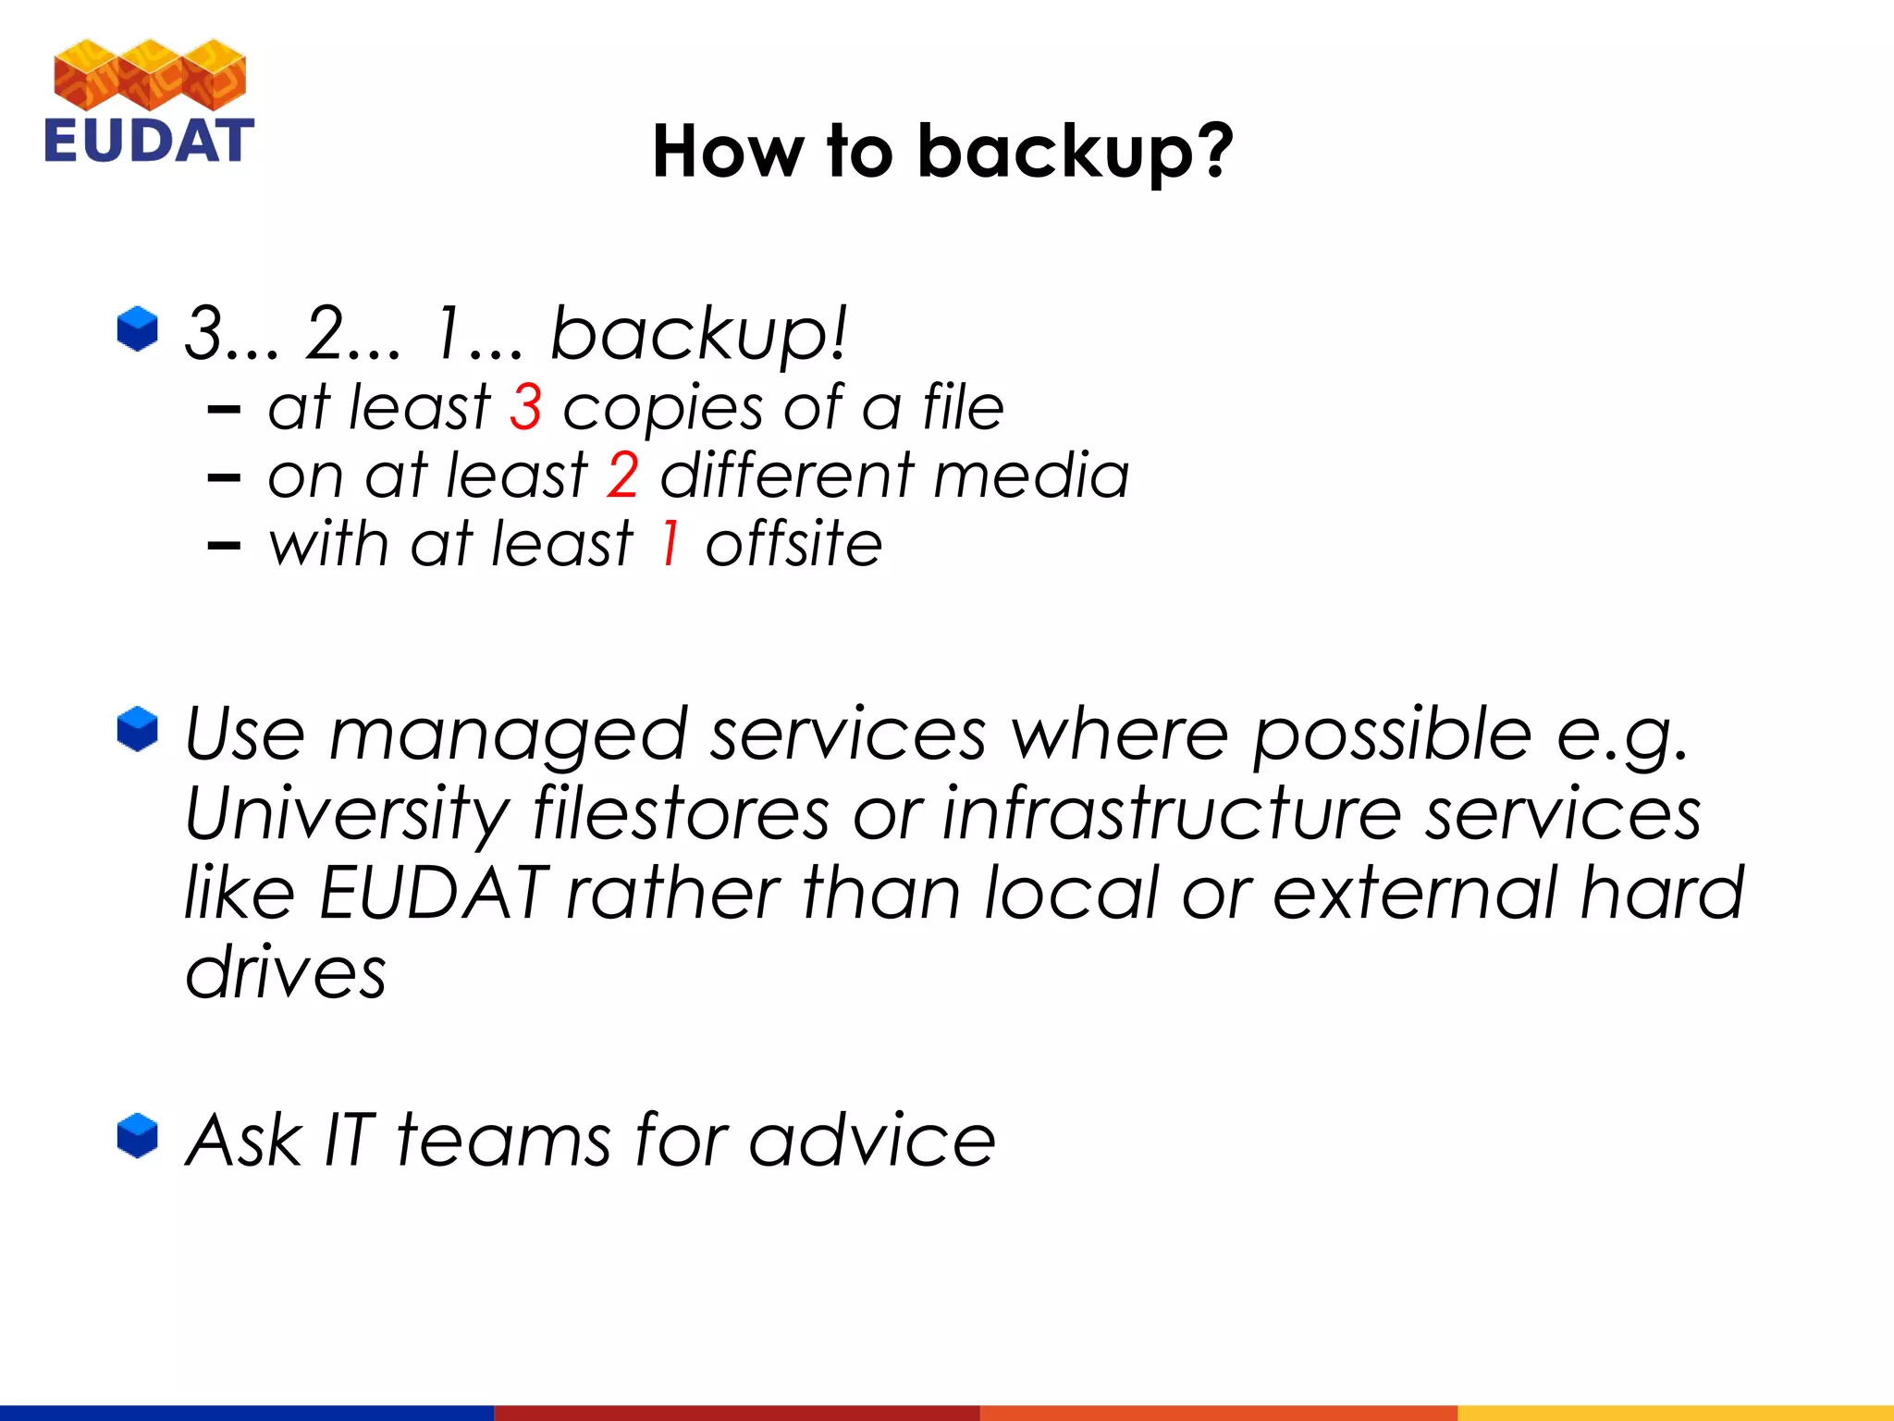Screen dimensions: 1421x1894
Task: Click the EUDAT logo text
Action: pyautogui.click(x=149, y=141)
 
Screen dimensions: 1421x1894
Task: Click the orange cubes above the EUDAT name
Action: pyautogui.click(x=150, y=74)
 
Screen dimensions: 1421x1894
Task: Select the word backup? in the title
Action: pyautogui.click(x=1075, y=153)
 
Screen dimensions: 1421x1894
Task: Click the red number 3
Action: pyautogui.click(x=525, y=407)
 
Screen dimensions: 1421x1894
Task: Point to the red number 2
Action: pyautogui.click(x=622, y=476)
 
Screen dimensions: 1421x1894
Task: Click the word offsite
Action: pyautogui.click(x=793, y=544)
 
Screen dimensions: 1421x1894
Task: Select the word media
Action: pyautogui.click(x=1031, y=476)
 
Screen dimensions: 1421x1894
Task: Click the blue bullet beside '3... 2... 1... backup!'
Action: pyautogui.click(x=138, y=329)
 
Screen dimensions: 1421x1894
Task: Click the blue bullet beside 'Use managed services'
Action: pyautogui.click(x=138, y=730)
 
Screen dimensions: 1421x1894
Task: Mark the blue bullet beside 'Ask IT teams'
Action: pyautogui.click(x=138, y=1135)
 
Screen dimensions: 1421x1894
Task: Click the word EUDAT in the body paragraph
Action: pyautogui.click(x=433, y=894)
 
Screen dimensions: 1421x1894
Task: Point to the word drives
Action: pyautogui.click(x=286, y=973)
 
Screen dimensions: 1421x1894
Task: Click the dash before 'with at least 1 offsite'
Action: pyautogui.click(x=224, y=546)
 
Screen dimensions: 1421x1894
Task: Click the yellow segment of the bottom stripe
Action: pyautogui.click(x=1675, y=1413)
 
